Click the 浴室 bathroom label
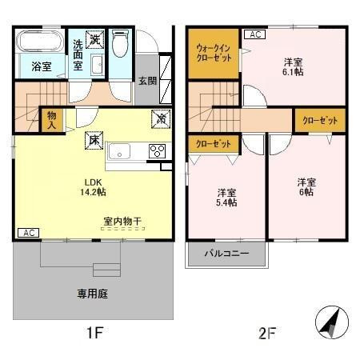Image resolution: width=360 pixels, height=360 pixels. point(42,66)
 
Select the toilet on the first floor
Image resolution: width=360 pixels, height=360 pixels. point(120,44)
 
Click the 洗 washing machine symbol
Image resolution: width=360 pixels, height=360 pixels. point(95,38)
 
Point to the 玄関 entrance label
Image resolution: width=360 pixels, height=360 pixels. point(147,80)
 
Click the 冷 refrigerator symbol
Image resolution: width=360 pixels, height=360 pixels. point(162,118)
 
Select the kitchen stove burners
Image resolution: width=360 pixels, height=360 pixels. point(156,150)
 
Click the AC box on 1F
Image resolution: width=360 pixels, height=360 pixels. point(27,233)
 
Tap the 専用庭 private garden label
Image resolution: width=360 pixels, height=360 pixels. point(92,294)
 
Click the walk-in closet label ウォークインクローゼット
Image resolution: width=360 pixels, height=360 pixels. point(213,54)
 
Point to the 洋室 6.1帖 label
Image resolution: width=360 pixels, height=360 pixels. point(293,66)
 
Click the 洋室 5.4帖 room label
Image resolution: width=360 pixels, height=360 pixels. point(226,197)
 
